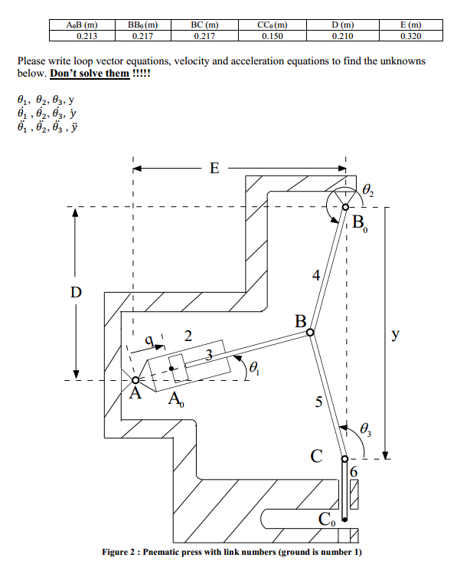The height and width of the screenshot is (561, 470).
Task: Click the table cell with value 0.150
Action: [272, 35]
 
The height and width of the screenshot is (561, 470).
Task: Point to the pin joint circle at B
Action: [309, 333]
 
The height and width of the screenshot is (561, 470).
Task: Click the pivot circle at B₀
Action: [345, 207]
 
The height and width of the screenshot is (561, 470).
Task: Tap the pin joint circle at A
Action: [135, 379]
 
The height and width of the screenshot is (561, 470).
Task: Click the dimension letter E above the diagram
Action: [214, 169]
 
